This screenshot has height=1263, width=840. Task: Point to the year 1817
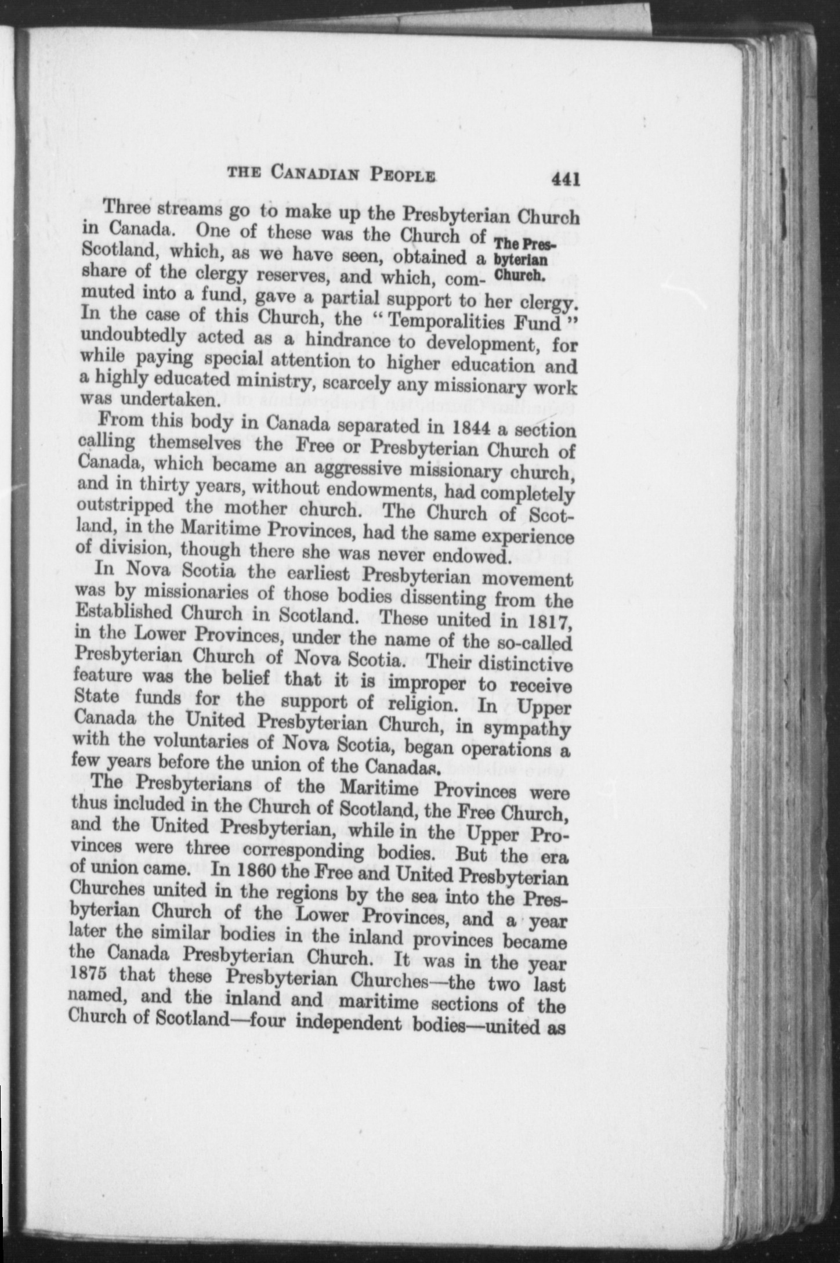546,622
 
